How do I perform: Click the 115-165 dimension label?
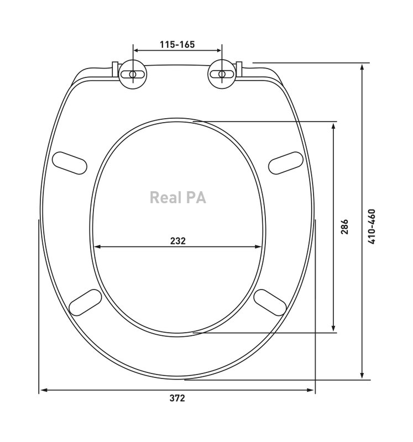[x=177, y=45]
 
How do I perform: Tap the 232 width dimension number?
[x=178, y=241]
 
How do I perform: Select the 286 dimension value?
[x=344, y=227]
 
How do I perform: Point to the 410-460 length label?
[x=372, y=227]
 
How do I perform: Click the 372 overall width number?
[x=177, y=398]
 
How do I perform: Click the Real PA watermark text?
[x=177, y=197]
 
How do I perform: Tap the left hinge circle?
[x=133, y=75]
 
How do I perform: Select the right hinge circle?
[x=222, y=75]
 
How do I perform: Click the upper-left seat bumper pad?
[x=70, y=163]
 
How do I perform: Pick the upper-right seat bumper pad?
[x=285, y=163]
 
